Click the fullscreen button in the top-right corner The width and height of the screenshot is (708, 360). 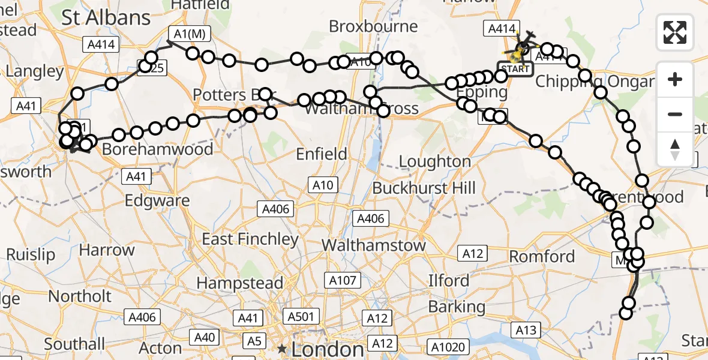point(675,32)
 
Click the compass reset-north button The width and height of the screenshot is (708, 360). point(675,149)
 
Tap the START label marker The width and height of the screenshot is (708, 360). point(515,68)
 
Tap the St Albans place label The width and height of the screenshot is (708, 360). point(107,18)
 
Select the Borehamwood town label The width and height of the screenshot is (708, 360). point(157,149)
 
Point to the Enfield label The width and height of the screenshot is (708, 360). point(322,154)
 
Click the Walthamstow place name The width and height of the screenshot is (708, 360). point(374,245)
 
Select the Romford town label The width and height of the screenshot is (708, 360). point(542,257)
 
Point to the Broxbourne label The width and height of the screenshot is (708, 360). point(373,26)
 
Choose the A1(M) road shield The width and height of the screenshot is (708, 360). point(190,34)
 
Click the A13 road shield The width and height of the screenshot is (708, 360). point(525,329)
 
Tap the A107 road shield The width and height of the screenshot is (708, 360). point(343,280)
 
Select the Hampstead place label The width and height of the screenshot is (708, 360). point(240,283)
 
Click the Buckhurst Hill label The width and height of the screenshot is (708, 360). point(424,188)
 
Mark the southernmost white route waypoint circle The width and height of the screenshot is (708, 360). point(626,313)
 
